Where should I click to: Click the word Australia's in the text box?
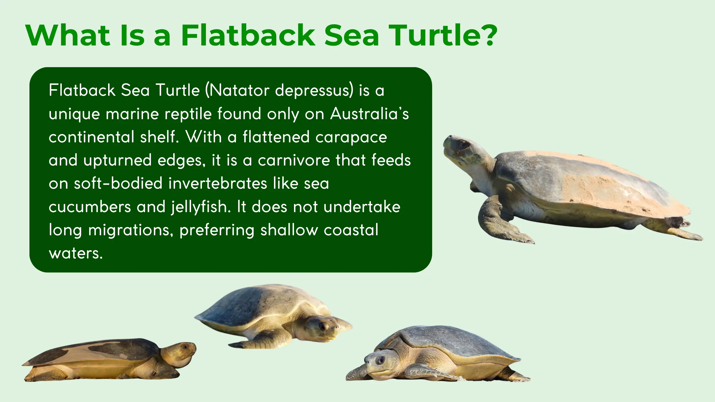(x=370, y=114)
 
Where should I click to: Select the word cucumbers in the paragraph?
(x=90, y=207)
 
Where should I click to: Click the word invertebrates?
(x=218, y=184)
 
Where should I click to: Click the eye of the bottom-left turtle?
(x=185, y=347)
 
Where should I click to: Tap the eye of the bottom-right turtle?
(x=380, y=360)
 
